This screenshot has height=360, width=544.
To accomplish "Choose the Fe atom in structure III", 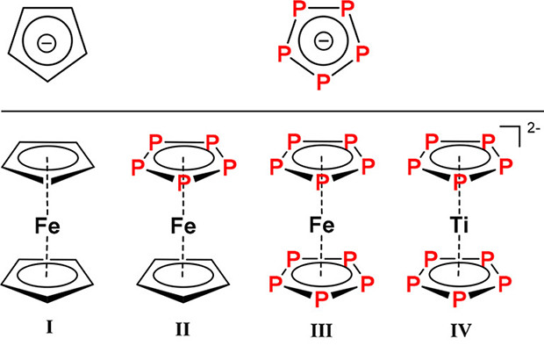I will (x=321, y=227).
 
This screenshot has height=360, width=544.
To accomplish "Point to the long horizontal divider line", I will (x=272, y=111).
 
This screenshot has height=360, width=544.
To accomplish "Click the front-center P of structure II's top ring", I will (x=183, y=182).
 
